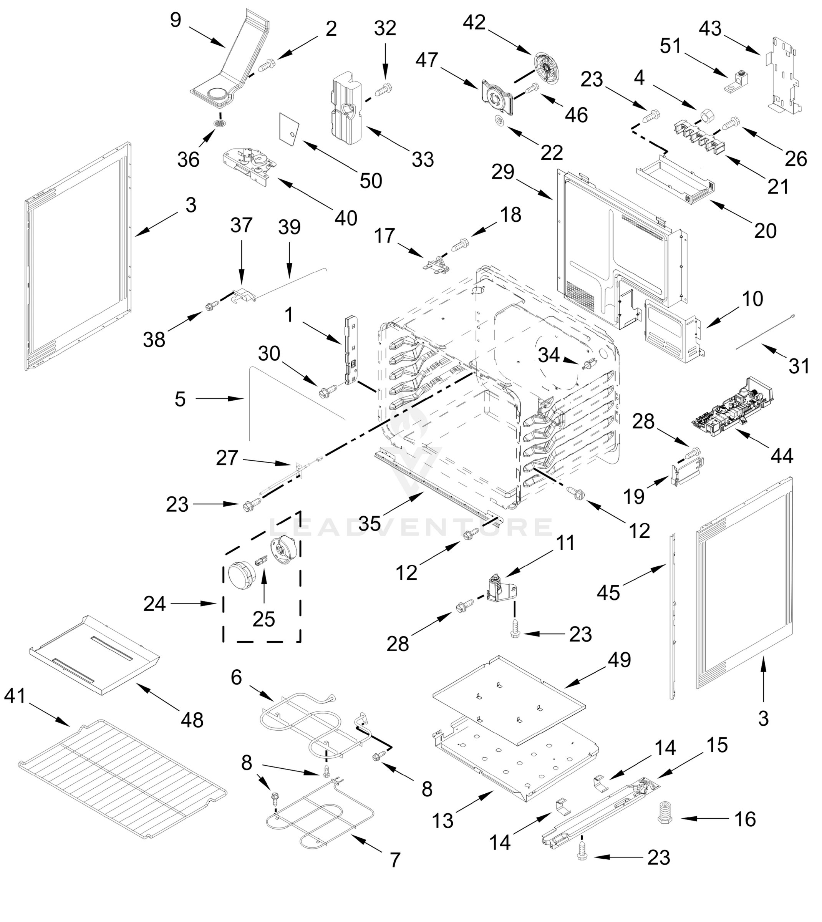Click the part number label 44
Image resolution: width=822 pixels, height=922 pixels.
coord(781,457)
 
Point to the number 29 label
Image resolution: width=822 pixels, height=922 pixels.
coord(503,172)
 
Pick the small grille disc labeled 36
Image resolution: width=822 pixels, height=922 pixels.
coord(220,124)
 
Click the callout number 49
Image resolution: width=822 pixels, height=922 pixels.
coord(620,660)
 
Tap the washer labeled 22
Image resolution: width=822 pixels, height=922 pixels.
coord(499,121)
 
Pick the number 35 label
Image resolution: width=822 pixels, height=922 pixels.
coord(370,524)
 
